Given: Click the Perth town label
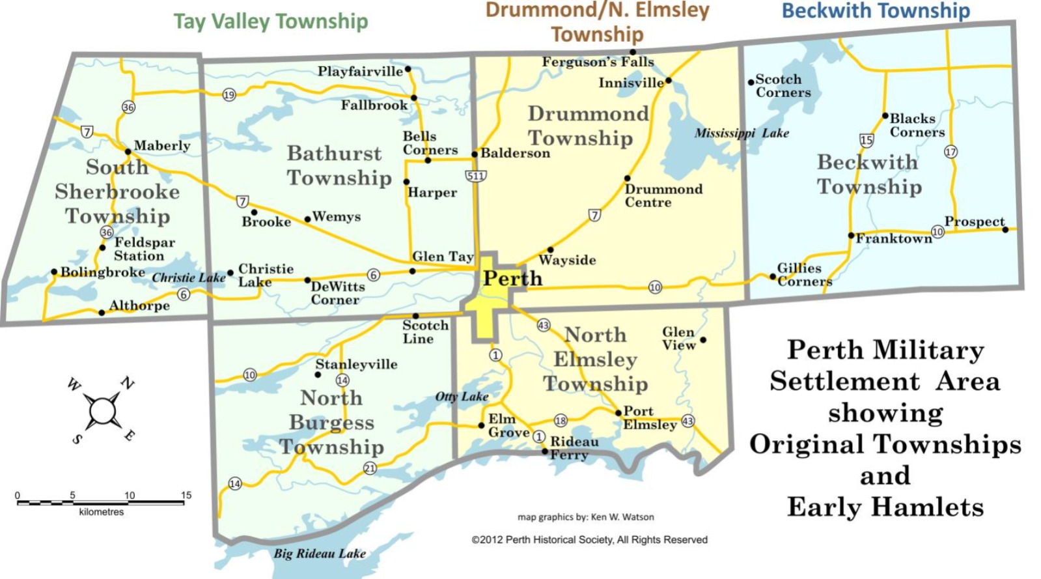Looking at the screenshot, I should tap(512, 279).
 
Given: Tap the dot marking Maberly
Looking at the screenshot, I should tap(128, 152).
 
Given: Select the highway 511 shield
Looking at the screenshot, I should tap(476, 176).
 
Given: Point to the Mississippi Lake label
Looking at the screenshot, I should tap(742, 134).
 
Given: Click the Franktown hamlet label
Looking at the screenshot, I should tap(893, 239).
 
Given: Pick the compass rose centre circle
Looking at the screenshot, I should tap(102, 411).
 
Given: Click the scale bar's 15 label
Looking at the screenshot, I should tap(186, 496).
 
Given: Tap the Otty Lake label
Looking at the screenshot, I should tap(462, 397).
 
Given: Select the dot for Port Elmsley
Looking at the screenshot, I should tap(618, 413).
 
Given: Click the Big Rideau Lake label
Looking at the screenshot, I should tap(319, 554).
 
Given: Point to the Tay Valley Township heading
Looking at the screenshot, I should tap(271, 21).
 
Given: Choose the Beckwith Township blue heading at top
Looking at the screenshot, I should tap(876, 10).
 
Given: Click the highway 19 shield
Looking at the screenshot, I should tap(229, 95).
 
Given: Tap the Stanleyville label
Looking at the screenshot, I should tap(356, 365).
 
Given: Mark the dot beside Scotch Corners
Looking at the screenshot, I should tap(751, 82).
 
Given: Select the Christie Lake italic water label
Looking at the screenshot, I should tap(189, 278).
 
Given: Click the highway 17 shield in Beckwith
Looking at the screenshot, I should tap(951, 152).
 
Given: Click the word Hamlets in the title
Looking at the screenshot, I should tap(928, 507).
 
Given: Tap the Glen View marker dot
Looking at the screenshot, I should tap(703, 340).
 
